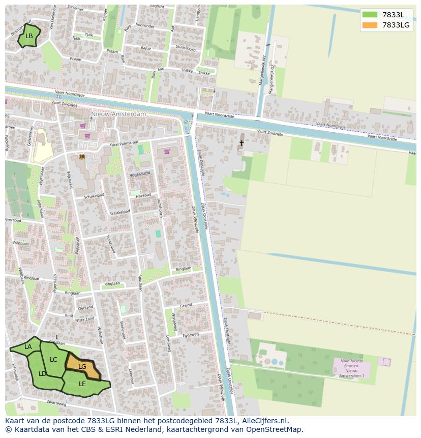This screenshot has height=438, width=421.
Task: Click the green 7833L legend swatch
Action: [370, 15]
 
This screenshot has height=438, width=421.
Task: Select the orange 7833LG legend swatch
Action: [370, 25]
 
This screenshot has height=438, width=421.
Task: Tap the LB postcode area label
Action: [29, 36]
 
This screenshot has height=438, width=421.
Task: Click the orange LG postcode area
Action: [82, 366]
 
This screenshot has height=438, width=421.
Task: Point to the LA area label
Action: [28, 347]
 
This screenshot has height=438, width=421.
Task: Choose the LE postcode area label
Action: [82, 384]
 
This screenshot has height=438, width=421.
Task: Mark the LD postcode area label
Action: [43, 373]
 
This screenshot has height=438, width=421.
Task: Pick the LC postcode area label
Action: [53, 359]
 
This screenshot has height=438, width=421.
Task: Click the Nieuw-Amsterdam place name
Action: [118, 114]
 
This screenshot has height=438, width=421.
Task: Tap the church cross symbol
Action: [242, 143]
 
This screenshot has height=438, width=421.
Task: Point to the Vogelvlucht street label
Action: [141, 174]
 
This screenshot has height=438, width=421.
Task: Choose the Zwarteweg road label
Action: [56, 403]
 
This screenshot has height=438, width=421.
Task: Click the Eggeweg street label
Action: [190, 335]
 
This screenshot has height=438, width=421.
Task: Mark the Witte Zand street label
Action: [84, 319]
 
